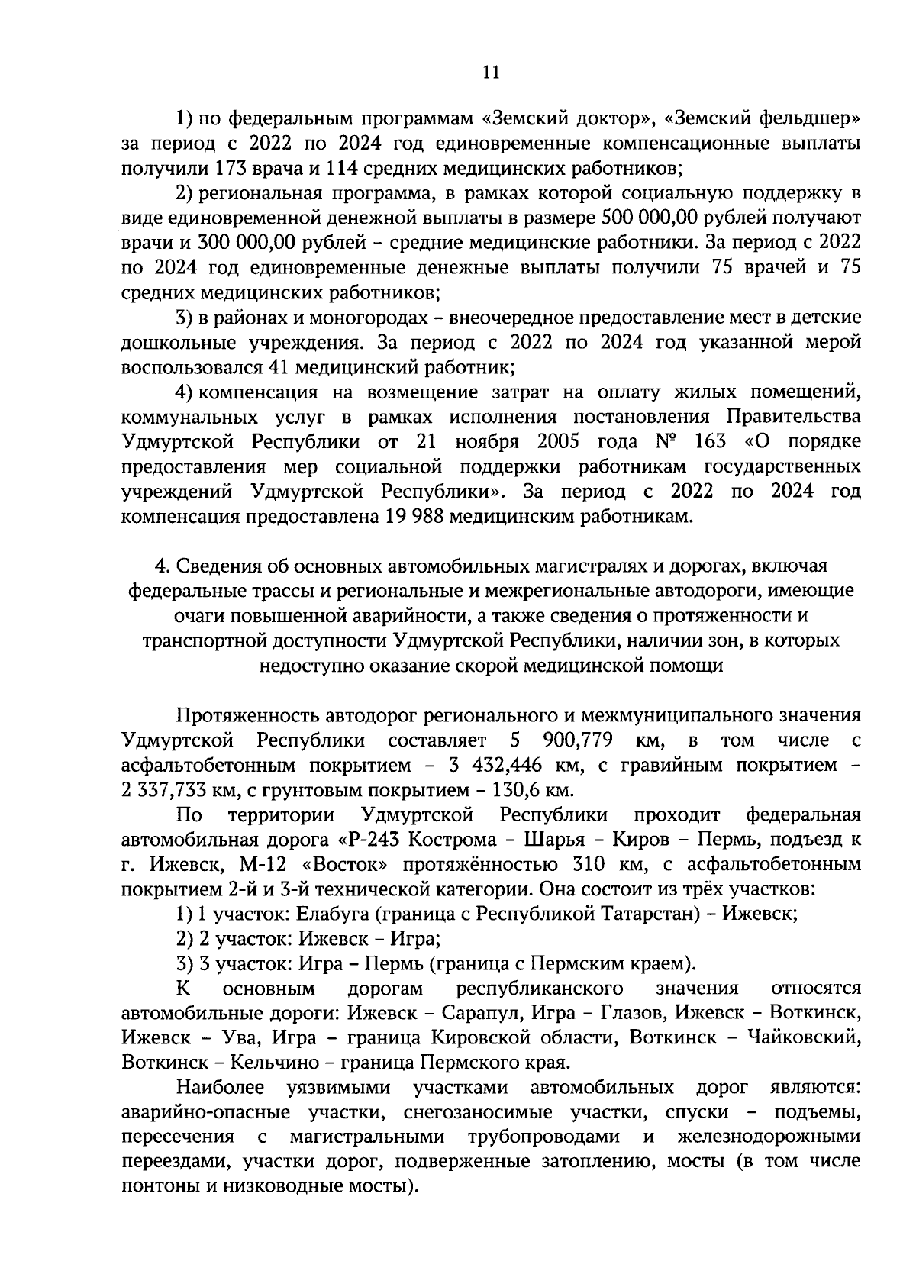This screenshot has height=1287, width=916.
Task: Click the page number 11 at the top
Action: click(491, 73)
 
